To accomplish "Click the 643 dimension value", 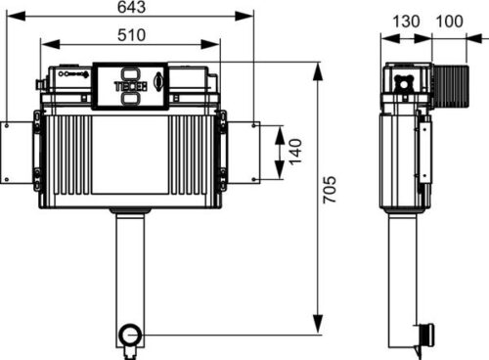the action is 131,7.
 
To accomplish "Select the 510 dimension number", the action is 131,35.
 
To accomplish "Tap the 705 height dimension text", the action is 330,190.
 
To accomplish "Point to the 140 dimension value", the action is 295,152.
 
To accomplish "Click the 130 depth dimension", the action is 406,22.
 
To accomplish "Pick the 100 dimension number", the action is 449,22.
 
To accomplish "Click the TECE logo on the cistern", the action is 130,86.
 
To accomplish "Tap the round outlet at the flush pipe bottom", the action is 131,335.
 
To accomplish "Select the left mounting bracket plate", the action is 17,153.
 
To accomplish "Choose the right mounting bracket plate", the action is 244,153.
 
